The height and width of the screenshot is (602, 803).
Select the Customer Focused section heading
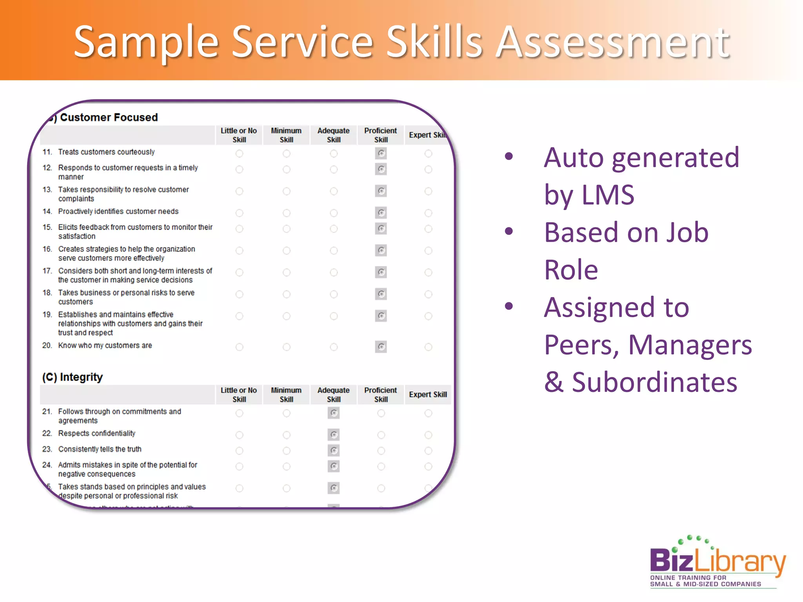(109, 117)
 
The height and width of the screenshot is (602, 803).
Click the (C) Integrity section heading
(73, 377)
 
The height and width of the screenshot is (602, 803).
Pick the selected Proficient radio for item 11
(381, 153)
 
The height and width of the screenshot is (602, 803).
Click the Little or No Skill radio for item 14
(239, 213)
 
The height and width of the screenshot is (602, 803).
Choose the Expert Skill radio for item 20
(428, 347)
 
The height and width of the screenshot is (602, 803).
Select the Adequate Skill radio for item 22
(334, 435)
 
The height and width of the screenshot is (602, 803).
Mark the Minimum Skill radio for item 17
(287, 272)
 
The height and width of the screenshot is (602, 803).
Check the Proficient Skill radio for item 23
(381, 451)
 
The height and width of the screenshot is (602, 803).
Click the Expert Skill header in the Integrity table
(428, 395)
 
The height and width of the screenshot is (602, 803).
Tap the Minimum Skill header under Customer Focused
(286, 135)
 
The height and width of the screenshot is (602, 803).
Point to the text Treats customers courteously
(106, 152)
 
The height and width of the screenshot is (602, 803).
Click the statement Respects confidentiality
(97, 433)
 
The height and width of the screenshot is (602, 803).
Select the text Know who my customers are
(105, 346)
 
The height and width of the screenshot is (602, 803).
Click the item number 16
(47, 249)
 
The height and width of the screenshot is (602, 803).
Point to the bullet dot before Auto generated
(509, 157)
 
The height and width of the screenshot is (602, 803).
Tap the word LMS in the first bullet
(608, 195)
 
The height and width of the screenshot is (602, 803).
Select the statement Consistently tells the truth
(100, 449)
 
